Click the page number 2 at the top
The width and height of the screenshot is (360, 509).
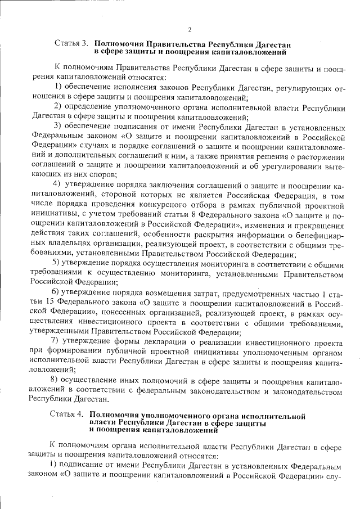190,29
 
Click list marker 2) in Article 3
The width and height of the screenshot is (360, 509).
57,107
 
